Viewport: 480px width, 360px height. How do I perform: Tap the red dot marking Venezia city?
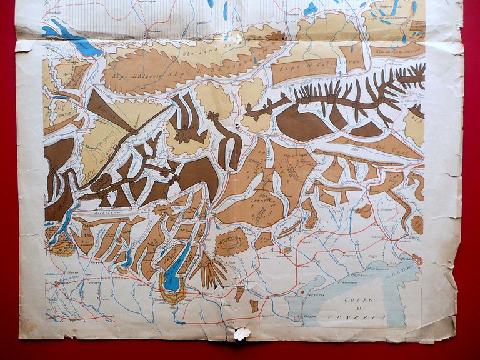tap(302, 292)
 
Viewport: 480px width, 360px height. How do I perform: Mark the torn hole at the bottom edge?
tap(241, 334)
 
